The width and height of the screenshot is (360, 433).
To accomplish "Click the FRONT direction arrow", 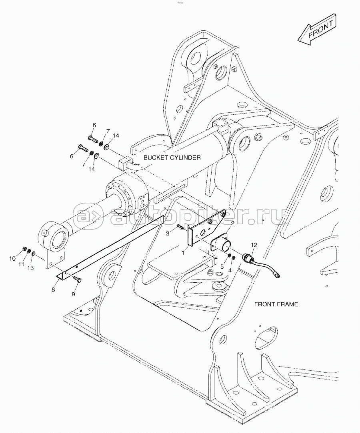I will [316, 31].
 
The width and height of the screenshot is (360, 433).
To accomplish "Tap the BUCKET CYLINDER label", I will [172, 158].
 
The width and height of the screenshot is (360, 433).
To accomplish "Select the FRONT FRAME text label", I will [276, 304].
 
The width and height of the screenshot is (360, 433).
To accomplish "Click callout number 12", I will [254, 244].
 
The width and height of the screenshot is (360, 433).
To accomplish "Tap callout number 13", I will [31, 268].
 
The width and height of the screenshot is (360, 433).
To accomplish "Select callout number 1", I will [183, 253].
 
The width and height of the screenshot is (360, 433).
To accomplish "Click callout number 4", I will [230, 270].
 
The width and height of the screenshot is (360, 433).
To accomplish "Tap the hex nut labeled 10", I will [25, 249].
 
